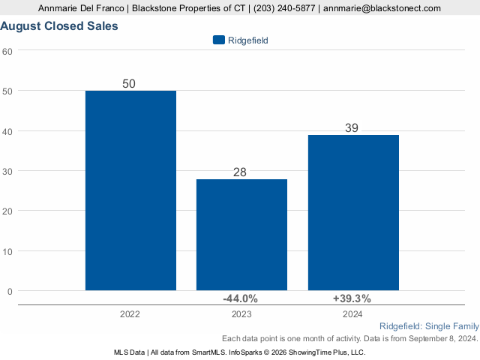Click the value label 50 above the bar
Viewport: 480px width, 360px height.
129,84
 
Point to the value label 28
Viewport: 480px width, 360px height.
240,172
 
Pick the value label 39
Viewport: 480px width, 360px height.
352,128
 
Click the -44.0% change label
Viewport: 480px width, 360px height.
241,298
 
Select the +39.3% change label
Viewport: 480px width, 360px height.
352,298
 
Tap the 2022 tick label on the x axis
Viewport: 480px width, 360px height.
130,315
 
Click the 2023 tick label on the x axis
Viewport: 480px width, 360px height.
241,315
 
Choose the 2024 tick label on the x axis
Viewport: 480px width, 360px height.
352,315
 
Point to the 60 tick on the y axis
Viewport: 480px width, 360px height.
7,51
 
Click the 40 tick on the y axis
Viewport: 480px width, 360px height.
7,131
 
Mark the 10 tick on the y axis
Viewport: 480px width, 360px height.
7,251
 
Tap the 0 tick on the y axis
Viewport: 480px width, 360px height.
10,291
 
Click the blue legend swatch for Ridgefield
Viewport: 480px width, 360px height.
219,40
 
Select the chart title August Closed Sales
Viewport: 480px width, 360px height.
59,26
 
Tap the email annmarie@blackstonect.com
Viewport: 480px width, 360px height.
382,8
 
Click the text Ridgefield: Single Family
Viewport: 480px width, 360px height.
428,327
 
